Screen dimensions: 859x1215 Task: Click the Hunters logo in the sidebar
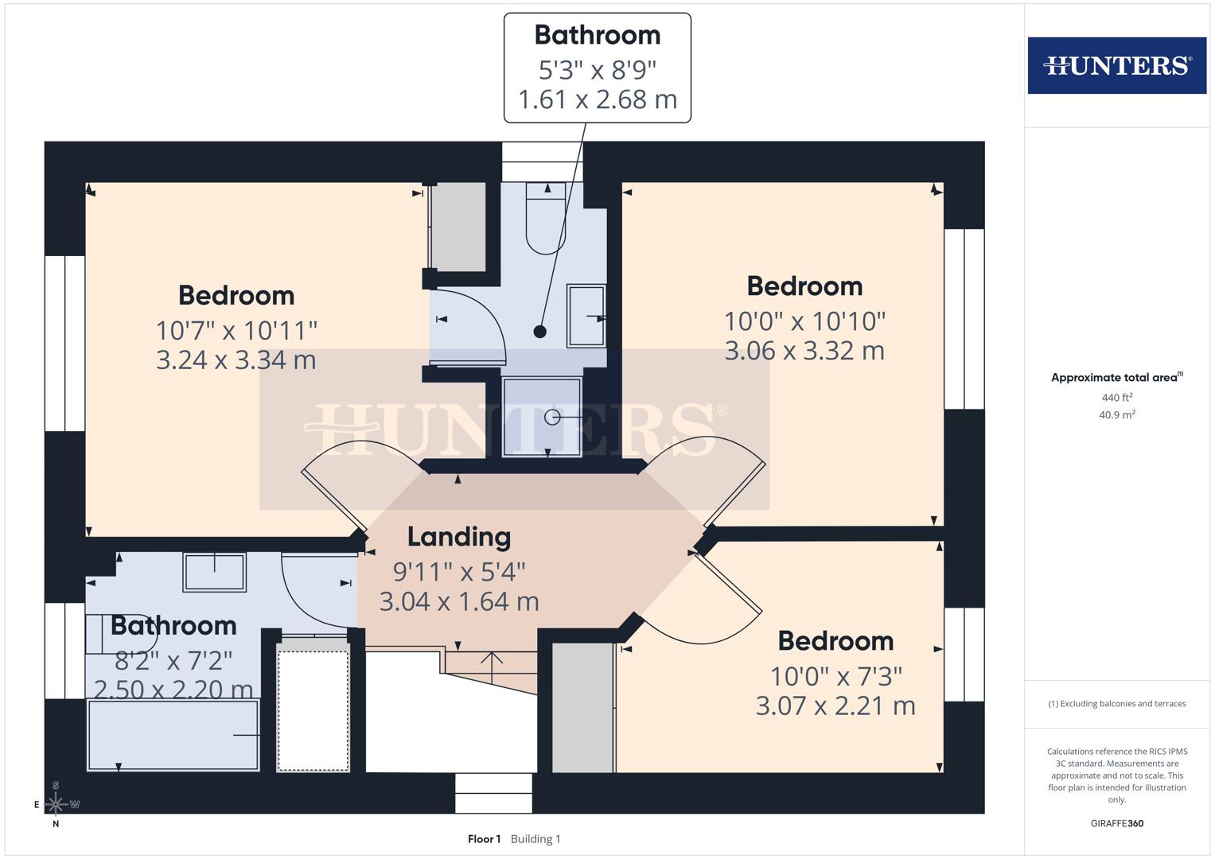pos(1116,65)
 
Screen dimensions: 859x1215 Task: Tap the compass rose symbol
pos(56,804)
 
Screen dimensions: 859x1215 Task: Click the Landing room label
pos(459,537)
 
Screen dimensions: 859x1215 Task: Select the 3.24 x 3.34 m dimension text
pos(236,360)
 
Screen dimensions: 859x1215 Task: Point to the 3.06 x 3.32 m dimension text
pos(804,351)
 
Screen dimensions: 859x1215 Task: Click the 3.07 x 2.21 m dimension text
pos(835,705)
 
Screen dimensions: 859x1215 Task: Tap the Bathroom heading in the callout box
pos(598,35)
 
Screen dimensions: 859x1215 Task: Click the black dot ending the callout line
pos(540,332)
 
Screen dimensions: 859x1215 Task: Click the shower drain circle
pos(551,417)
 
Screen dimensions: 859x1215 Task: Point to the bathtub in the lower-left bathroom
pos(173,736)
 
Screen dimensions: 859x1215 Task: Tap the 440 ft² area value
pos(1116,398)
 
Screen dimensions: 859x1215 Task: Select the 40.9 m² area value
pos(1116,414)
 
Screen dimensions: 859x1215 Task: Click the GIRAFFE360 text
pos(1116,823)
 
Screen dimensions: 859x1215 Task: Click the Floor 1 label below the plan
pos(484,839)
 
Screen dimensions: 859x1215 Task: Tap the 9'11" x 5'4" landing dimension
pos(459,572)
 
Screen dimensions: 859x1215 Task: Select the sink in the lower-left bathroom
pos(215,571)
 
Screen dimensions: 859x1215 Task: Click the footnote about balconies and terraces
pos(1116,704)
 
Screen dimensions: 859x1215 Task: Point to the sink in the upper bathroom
pos(586,316)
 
